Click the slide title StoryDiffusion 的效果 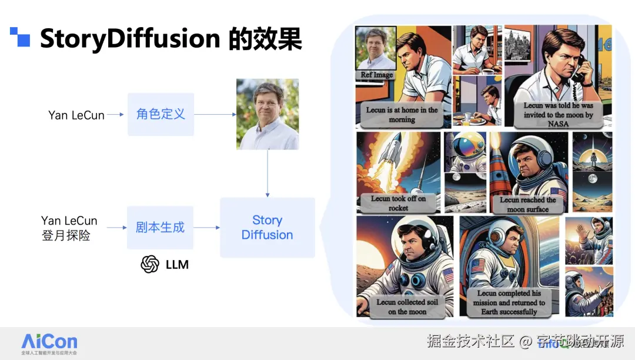[x=171, y=39]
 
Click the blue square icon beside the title [x=20, y=36]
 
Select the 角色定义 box [x=161, y=114]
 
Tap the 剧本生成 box [x=160, y=227]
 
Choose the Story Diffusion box [x=267, y=228]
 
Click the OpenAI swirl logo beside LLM [x=150, y=264]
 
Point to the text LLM [x=177, y=265]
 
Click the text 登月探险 [x=65, y=236]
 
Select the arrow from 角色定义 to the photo [x=214, y=115]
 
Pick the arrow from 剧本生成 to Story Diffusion [x=206, y=228]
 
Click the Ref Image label [x=377, y=75]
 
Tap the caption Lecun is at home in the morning [x=402, y=115]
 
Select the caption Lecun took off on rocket [x=398, y=204]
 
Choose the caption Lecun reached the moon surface [x=527, y=204]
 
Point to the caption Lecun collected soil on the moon [x=407, y=306]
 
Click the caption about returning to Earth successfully [x=509, y=302]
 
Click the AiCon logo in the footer [x=49, y=342]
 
